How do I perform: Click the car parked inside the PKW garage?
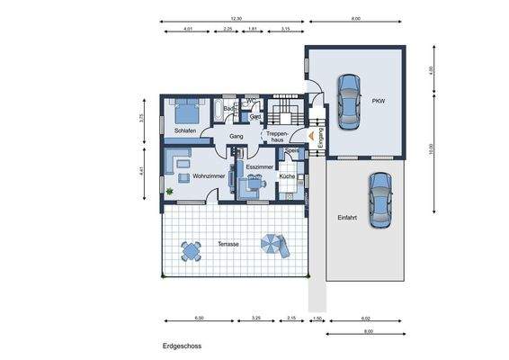(x=348, y=101)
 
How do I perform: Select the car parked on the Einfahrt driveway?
(x=380, y=199)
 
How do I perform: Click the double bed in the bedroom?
(x=186, y=112)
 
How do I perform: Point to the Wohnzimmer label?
(x=208, y=176)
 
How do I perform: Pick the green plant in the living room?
(x=169, y=191)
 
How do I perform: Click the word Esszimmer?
(x=259, y=166)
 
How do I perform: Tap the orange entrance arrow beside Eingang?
(x=310, y=136)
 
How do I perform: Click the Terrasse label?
(x=228, y=244)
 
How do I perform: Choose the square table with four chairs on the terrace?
(x=190, y=248)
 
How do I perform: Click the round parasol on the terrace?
(x=271, y=243)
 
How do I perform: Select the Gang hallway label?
(x=237, y=137)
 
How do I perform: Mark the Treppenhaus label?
(x=276, y=137)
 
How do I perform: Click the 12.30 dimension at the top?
(x=237, y=18)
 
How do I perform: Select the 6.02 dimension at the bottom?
(x=365, y=319)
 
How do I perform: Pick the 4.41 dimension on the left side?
(x=142, y=171)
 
